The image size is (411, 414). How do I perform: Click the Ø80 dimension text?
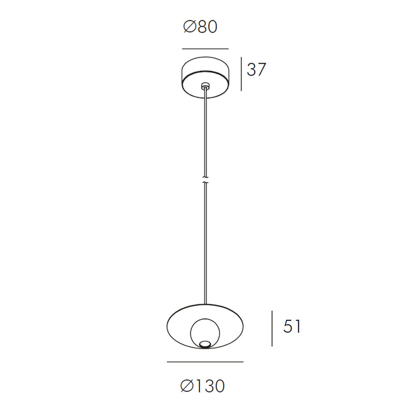point(200,27)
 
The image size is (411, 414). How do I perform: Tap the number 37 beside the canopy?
point(256,70)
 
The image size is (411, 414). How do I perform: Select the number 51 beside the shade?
point(291,326)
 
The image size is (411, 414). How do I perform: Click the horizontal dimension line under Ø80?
point(205,49)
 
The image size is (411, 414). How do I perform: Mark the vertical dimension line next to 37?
point(241,73)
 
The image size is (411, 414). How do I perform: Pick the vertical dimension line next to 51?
point(273,329)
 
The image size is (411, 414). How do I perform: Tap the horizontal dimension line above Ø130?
point(205,361)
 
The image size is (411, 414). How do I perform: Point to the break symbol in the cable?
point(206,180)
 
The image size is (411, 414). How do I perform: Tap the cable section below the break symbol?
point(206,243)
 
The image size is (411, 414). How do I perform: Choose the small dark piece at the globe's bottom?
point(205,344)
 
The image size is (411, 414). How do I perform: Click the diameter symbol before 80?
point(189,27)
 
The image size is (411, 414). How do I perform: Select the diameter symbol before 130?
point(187,386)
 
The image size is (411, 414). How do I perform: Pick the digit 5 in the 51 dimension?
point(287,326)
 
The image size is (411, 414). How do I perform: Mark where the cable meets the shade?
point(206,304)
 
